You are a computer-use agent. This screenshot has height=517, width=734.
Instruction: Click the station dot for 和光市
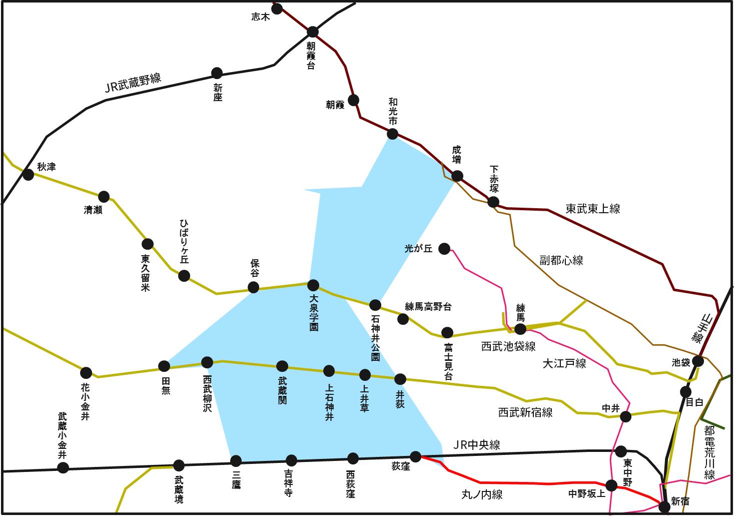393,134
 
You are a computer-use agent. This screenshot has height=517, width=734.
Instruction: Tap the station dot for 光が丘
444,248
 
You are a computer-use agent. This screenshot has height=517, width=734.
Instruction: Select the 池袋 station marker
698,361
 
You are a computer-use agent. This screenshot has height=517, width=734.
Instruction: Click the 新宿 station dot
664,506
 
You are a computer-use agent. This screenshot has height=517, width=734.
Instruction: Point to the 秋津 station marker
29,174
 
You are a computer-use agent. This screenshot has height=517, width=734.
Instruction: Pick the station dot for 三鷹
236,460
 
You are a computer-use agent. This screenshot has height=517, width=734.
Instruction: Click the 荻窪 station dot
416,456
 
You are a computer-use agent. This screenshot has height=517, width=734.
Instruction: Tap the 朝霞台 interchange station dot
313,32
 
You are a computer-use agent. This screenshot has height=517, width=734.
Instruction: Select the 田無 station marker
164,366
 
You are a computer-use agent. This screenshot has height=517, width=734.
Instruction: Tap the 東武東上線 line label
593,209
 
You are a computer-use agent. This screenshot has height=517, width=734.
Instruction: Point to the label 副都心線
561,260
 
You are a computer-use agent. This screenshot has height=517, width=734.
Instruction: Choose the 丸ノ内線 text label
482,494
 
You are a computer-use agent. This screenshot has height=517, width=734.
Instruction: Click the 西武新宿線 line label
525,412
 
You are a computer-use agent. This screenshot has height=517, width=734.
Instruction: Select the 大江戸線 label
564,363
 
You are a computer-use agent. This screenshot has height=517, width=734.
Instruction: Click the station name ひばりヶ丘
184,241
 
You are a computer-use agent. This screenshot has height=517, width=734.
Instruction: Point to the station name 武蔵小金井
62,435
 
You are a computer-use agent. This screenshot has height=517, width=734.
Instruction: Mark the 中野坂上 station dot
611,485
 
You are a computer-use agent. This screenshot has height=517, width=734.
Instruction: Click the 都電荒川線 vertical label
709,452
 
